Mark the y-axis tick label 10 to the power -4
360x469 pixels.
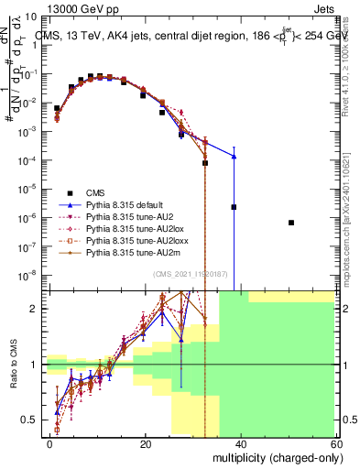[x=27, y=160]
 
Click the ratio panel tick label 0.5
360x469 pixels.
[x=30, y=420]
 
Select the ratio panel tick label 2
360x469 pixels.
[x=35, y=309]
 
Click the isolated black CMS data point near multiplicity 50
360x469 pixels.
[x=291, y=223]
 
